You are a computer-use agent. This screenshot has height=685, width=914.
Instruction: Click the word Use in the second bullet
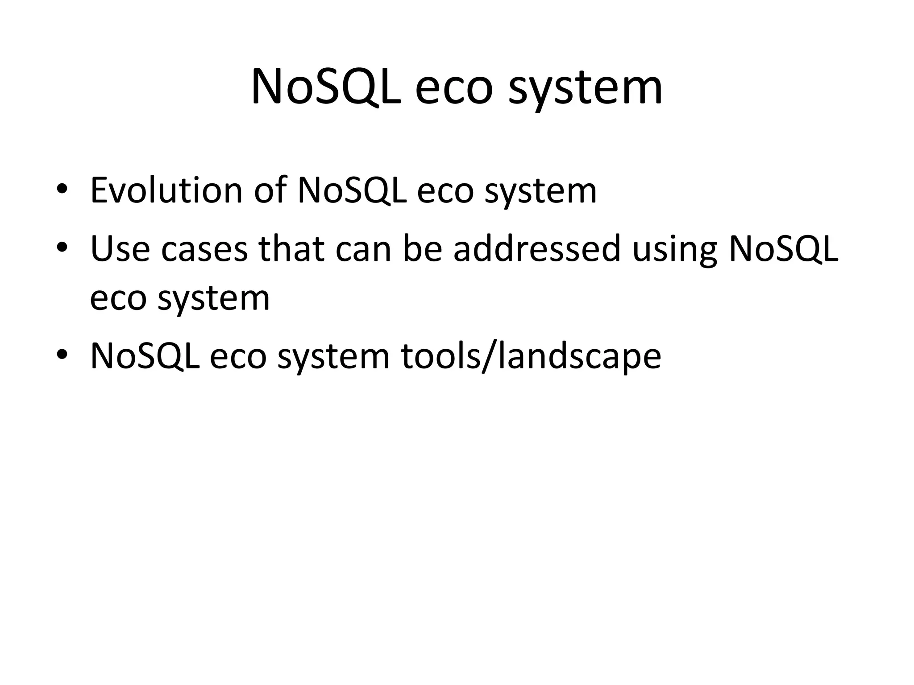point(120,248)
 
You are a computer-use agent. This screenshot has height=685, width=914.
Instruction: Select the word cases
point(204,248)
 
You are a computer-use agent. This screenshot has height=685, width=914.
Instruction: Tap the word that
point(291,248)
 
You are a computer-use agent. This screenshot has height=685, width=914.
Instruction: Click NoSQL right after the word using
point(783,248)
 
